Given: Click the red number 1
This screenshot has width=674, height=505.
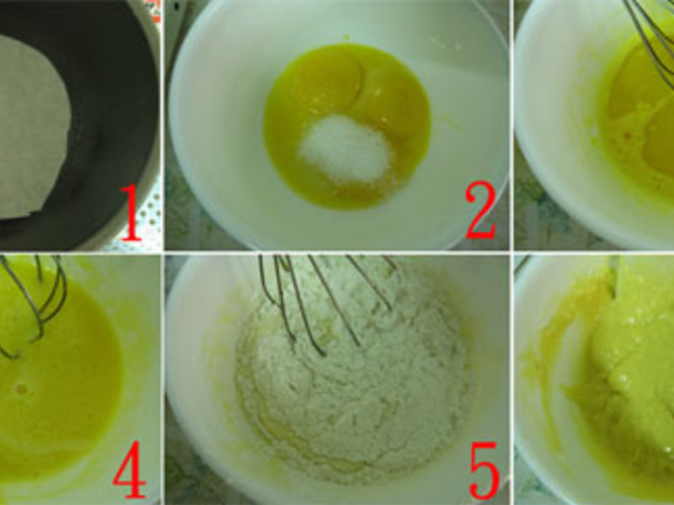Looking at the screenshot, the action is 131,213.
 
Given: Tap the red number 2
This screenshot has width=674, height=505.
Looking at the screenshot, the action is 481,210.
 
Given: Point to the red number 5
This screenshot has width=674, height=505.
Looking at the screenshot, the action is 484,470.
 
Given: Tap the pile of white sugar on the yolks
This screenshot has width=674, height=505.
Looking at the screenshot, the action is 345,149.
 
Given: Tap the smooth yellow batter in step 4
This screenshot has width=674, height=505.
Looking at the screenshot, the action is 56,399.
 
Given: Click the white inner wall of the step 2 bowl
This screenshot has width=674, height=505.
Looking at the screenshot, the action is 215,129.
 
